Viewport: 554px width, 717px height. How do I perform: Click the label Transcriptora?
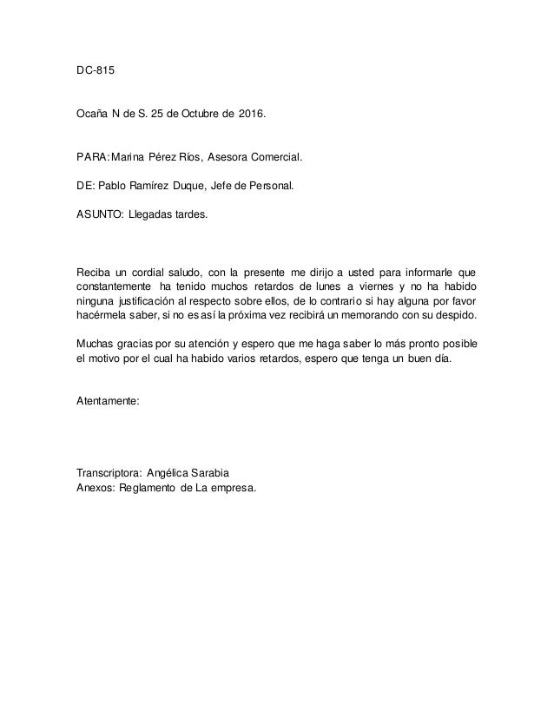109,474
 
